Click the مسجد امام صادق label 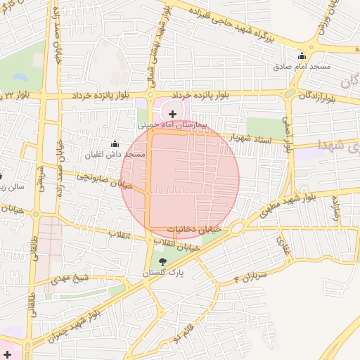tap(302, 67)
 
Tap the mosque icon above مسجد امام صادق tap(302, 57)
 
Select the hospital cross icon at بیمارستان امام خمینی tap(173, 113)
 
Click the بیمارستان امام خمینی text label tap(173, 124)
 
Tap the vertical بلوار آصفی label tap(288, 134)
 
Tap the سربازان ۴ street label tap(251, 276)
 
